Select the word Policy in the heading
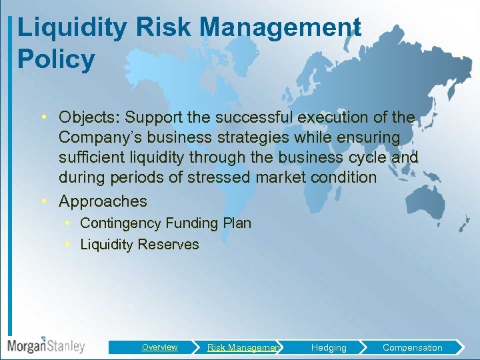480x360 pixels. pos(56,59)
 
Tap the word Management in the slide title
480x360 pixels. pos(280,28)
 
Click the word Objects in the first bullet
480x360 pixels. pos(87,117)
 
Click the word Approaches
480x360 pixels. pos(103,201)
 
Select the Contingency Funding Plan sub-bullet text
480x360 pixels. pos(165,223)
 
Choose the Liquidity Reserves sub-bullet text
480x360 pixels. pos(139,245)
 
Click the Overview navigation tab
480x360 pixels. pos(159,347)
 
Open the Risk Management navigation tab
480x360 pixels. pos(243,347)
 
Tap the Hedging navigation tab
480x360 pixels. pos(329,347)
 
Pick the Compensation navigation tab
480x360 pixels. pos(412,347)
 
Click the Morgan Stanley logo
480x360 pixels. pos(46,346)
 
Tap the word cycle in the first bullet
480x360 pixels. pos(369,157)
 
